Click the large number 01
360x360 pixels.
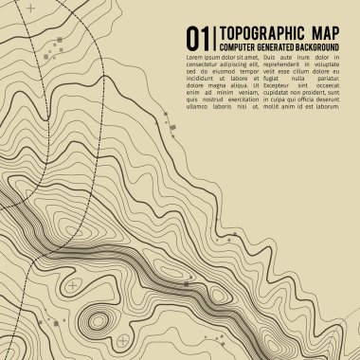pos(196,38)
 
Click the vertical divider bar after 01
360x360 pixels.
pos(212,38)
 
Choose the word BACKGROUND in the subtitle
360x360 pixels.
pos(317,46)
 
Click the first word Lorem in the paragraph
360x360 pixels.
pos(195,59)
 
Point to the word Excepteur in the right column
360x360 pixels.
pos(283,90)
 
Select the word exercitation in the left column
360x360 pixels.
pos(243,99)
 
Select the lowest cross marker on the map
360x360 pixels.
pos(122,339)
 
